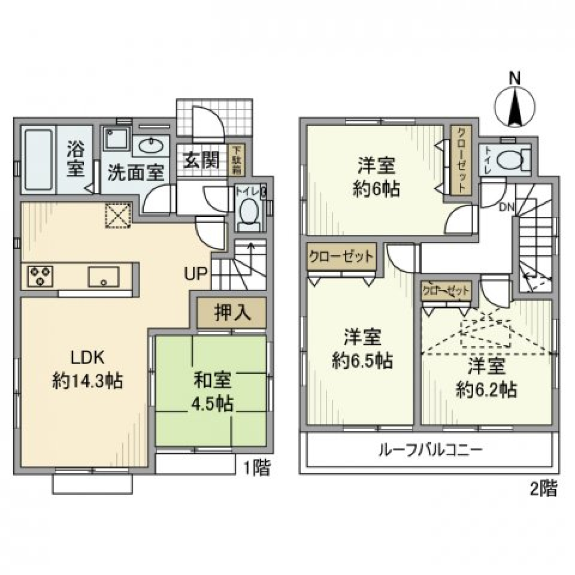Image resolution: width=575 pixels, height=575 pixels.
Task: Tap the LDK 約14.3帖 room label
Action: tap(88, 370)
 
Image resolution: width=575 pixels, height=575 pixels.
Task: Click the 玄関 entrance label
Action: tap(200, 161)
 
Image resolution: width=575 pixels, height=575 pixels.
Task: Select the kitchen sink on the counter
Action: tap(104, 277)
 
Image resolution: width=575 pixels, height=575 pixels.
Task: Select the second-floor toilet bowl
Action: tap(510, 159)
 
